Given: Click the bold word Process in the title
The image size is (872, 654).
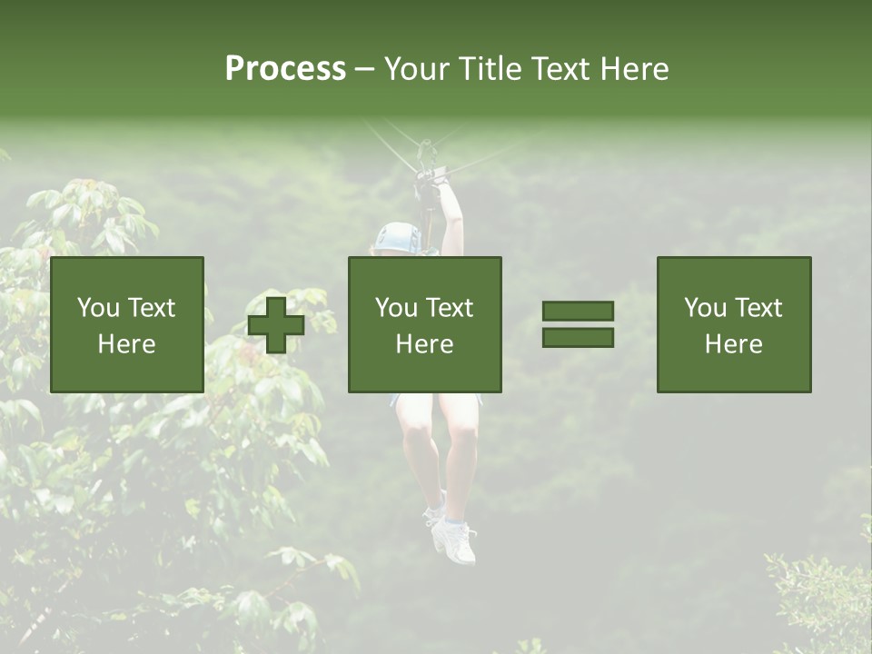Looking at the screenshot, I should [285, 69].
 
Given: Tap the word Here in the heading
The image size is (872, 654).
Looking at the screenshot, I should [635, 69].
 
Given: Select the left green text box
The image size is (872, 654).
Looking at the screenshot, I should [126, 324].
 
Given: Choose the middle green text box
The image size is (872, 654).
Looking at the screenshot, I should [424, 324].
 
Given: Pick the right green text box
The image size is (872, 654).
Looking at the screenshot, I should [733, 324].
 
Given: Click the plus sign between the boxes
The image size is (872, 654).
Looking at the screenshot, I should [275, 324].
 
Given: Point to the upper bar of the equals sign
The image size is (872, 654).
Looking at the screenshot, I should [578, 311].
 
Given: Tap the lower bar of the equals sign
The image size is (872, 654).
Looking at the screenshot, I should [578, 338].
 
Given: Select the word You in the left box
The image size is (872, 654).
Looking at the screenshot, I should [98, 308].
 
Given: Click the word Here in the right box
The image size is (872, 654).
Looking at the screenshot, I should [733, 344].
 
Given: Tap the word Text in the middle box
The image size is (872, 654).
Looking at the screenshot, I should [449, 308].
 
